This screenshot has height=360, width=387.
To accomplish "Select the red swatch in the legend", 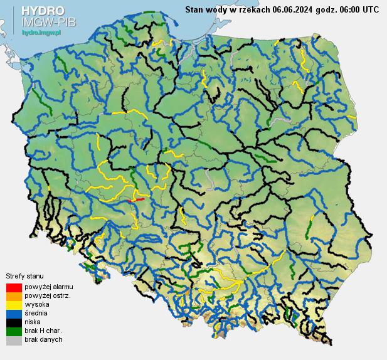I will [14, 287].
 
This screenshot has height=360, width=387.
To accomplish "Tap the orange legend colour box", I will [14, 296].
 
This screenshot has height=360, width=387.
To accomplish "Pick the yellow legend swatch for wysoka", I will [14, 305].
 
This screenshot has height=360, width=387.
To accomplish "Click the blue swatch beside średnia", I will [14, 314].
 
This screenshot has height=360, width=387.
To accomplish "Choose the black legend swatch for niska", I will [14, 322].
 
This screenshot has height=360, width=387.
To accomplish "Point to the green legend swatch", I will [14, 331].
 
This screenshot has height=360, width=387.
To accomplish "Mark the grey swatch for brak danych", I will [14, 340].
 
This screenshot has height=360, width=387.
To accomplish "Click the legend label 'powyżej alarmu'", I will [49, 287].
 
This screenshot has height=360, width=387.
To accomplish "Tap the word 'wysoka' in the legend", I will [36, 304].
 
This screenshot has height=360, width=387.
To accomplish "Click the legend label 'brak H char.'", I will [43, 331].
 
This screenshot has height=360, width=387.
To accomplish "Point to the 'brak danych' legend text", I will [43, 339].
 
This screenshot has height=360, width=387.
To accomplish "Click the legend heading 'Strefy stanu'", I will [24, 276].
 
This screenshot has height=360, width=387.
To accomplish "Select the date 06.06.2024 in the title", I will [295, 9].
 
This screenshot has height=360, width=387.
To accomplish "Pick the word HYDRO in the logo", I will [42, 11].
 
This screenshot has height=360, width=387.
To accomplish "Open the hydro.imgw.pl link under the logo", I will [41, 31].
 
